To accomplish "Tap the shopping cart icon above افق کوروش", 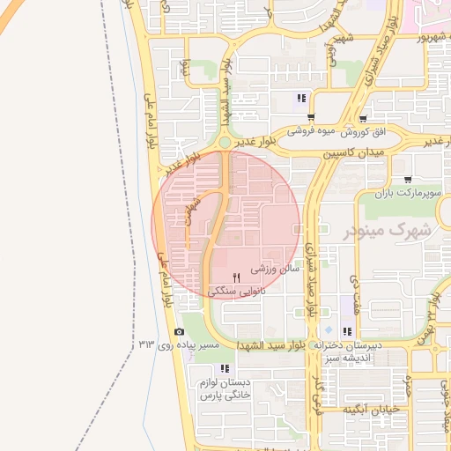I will click(363, 118).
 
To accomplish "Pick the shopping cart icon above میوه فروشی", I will click(311, 117).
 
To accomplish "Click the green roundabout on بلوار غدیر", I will click(225, 142).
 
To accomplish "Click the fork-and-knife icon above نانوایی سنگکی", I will click(236, 277).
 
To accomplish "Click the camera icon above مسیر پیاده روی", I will click(180, 332).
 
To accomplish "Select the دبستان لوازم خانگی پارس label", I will click(225, 389).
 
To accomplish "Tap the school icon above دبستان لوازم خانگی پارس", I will click(225, 368).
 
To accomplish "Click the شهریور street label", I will click(419, 39).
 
